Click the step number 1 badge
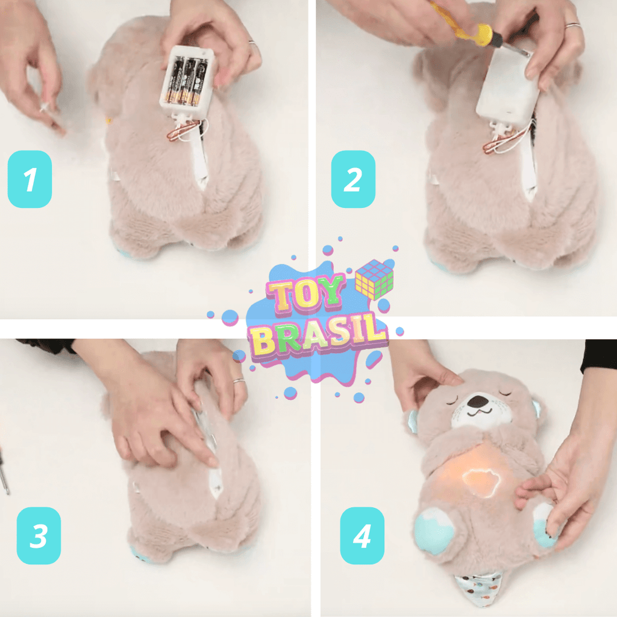(x=30, y=179)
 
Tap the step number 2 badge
(x=353, y=179)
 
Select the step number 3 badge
(x=39, y=536)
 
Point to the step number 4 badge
(x=362, y=536)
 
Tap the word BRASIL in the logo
(x=318, y=336)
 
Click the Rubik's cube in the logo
(x=374, y=279)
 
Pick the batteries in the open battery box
(x=187, y=81)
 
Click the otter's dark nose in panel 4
(x=478, y=401)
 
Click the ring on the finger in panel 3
(x=239, y=381)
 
